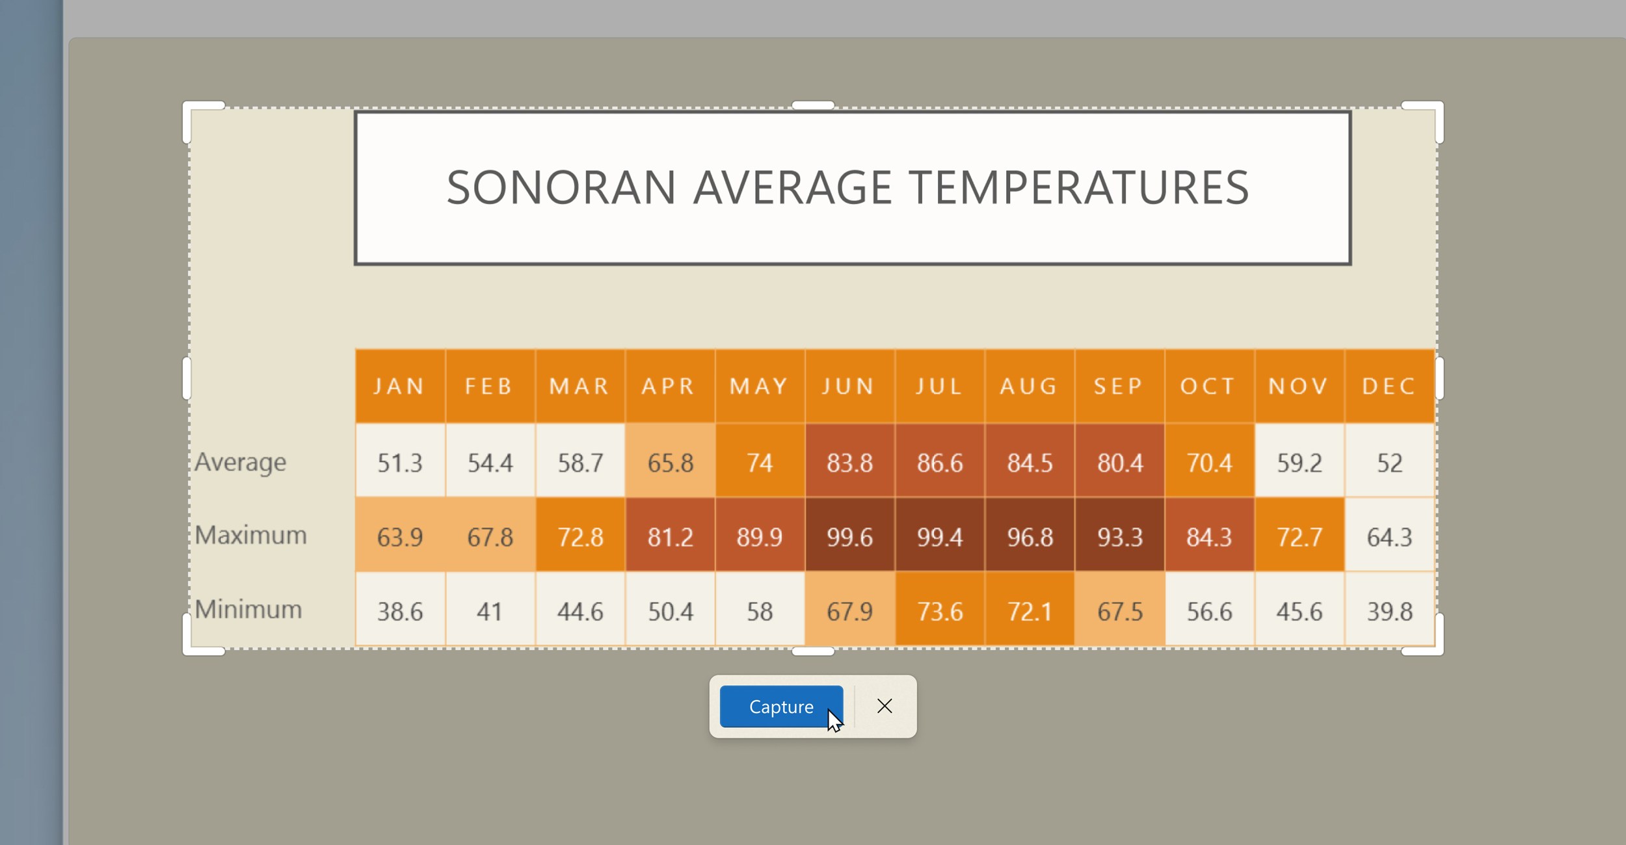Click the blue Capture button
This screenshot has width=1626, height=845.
pos(781,707)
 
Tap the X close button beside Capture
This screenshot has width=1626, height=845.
pos(885,706)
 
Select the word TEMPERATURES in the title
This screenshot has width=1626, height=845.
pos(1078,188)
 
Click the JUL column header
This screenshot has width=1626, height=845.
pos(940,387)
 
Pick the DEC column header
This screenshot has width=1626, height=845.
pos(1390,387)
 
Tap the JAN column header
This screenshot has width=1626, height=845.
pos(400,387)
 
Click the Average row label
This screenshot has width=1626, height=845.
pos(240,463)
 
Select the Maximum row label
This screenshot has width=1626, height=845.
pos(250,536)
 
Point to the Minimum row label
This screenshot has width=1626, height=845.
pos(248,610)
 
